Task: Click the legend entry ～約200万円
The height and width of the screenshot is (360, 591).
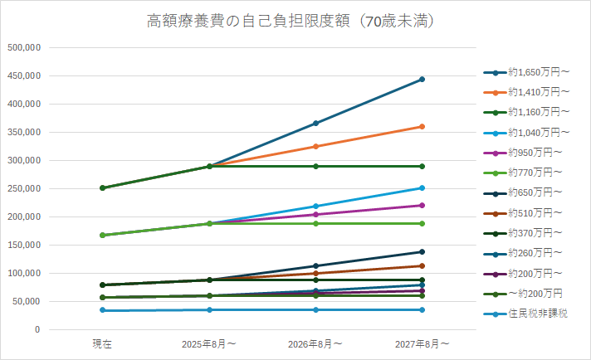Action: [536, 294]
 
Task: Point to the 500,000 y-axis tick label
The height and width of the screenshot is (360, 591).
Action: [24, 47]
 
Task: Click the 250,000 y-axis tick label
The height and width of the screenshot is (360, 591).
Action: [24, 188]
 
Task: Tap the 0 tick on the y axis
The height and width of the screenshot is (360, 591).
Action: [37, 329]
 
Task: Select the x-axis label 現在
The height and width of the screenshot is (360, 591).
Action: [102, 343]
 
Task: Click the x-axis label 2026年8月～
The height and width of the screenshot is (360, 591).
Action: [315, 343]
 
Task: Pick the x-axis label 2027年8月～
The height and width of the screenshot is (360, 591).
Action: [422, 343]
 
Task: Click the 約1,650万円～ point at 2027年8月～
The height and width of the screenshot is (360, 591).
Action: [422, 80]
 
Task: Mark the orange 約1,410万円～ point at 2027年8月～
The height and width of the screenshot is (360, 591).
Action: [422, 127]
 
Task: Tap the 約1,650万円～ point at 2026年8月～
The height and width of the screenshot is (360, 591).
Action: [315, 124]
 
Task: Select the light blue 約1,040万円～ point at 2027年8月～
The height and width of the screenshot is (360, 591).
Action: [422, 188]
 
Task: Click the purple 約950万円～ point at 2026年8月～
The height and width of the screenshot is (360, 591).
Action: [315, 214]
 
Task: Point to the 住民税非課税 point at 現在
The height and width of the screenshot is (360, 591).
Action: [102, 310]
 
